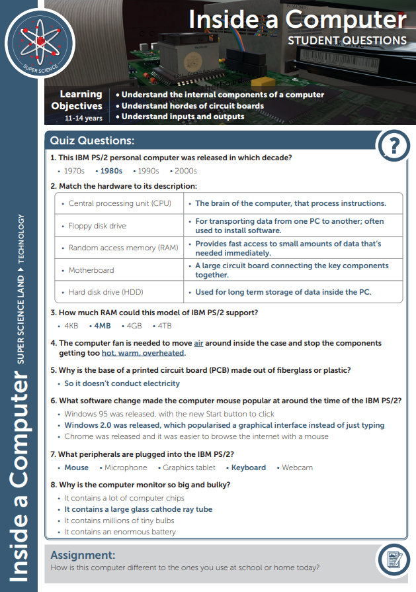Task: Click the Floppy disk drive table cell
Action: [x=97, y=226]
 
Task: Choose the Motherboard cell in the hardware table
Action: [x=91, y=270]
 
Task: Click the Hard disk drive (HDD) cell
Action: [x=106, y=292]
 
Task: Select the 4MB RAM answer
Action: [x=102, y=326]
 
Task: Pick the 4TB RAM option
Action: [x=163, y=326]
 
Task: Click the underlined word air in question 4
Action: [x=198, y=343]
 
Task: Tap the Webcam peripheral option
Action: [x=297, y=468]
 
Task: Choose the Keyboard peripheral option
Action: [x=248, y=468]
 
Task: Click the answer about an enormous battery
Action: [x=120, y=532]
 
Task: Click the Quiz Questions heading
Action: [x=93, y=140]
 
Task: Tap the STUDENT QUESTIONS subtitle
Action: [x=347, y=40]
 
